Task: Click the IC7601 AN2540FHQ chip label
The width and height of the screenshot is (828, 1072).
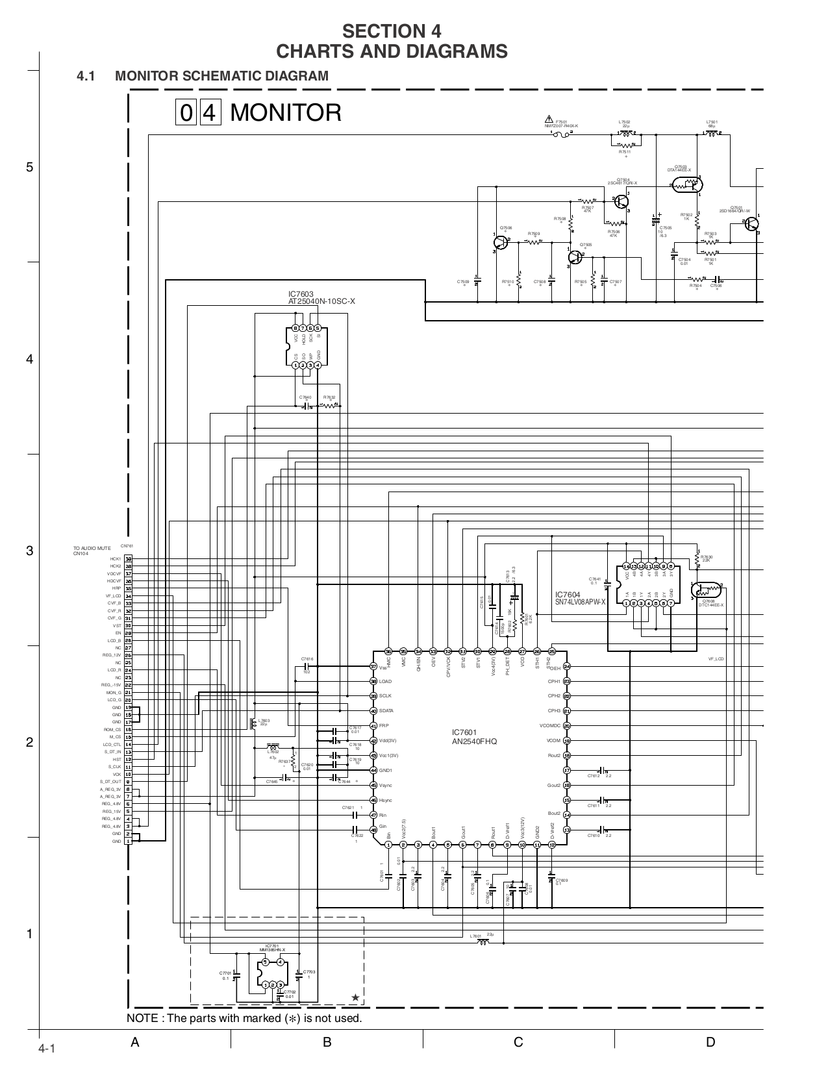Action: (x=474, y=736)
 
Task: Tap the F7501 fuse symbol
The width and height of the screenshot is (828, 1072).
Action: (x=561, y=134)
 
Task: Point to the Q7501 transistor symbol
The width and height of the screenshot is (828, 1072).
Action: (x=751, y=224)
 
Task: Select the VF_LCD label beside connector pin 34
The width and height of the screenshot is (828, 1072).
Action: (x=114, y=596)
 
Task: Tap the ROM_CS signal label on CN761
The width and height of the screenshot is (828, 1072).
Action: (x=114, y=729)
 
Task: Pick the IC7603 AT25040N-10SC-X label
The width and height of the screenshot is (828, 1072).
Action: (x=322, y=298)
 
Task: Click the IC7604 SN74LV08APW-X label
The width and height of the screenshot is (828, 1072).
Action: (x=580, y=598)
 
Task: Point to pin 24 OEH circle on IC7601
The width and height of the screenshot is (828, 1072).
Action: (x=566, y=667)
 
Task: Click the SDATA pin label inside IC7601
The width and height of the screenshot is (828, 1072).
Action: (x=386, y=711)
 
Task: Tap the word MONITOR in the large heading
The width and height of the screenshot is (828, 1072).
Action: (x=286, y=113)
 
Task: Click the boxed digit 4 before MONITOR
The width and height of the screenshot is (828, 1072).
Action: (x=208, y=114)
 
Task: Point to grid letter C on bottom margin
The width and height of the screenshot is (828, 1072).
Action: (x=518, y=1043)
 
